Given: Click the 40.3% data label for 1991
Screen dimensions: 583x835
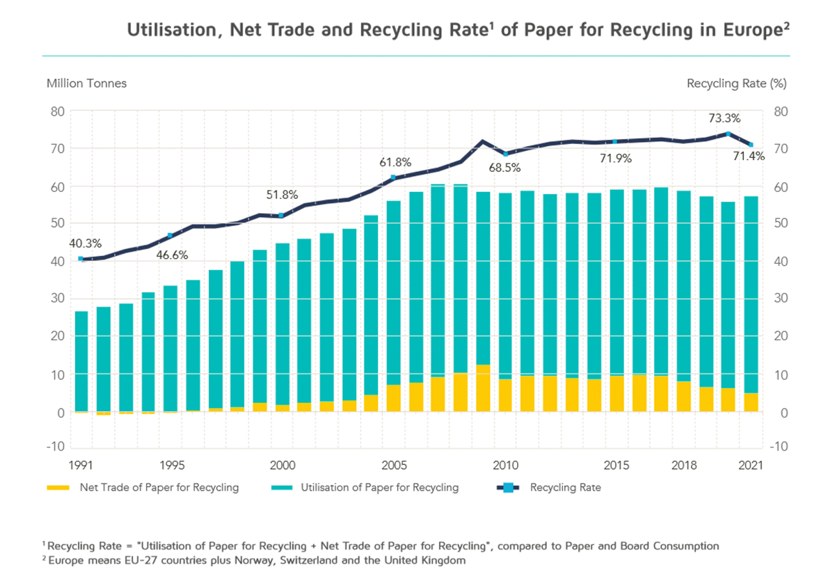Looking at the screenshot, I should (86, 243).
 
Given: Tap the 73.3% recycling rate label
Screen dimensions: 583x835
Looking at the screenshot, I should (724, 118).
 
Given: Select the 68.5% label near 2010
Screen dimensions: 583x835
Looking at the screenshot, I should (504, 168).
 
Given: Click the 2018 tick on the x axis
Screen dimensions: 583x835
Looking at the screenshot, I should (683, 464).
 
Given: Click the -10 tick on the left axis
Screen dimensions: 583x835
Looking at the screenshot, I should (56, 446).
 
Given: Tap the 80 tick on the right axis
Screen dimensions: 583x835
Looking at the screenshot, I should (780, 111).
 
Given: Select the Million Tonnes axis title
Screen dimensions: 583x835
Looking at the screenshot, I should (86, 83).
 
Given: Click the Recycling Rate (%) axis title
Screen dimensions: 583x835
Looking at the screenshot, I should (736, 83).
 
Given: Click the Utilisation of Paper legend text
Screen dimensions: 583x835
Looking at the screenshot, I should (379, 488).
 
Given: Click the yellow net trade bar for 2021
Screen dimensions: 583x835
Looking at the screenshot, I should (750, 402).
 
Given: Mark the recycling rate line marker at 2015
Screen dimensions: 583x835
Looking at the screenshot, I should (615, 142).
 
